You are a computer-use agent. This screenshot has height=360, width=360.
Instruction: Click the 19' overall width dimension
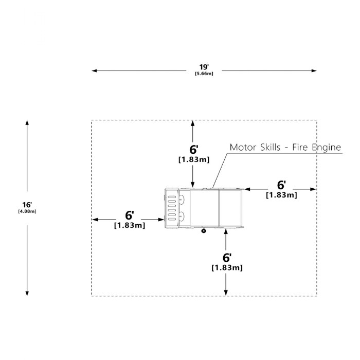[204, 67]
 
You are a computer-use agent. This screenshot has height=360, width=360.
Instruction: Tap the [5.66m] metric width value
[204, 74]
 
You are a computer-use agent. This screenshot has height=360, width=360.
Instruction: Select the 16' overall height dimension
[27, 205]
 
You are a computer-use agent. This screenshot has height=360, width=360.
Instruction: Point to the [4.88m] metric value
[27, 211]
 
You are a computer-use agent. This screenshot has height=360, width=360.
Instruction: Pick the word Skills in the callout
[271, 147]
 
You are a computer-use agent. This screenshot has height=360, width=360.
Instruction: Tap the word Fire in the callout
[300, 147]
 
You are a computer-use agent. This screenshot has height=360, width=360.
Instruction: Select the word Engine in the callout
[326, 148]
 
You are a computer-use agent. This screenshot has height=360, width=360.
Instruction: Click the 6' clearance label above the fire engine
[193, 150]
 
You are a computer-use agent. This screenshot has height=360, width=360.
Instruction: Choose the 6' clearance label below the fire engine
[227, 258]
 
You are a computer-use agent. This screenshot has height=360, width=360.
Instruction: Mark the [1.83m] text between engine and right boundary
[281, 195]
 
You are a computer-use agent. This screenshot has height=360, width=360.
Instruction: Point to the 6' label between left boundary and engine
[129, 215]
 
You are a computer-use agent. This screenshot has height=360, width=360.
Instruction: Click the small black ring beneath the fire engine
[204, 231]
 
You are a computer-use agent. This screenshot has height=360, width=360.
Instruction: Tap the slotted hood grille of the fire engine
[172, 208]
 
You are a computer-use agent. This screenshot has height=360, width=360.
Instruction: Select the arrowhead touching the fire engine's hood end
[161, 220]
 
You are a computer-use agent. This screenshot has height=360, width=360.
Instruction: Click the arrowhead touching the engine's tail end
[247, 189]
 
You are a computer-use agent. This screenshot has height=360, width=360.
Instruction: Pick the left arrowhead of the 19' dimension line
[94, 71]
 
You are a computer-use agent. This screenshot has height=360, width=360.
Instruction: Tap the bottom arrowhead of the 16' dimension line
[27, 293]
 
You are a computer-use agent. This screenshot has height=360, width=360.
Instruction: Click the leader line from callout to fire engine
[220, 171]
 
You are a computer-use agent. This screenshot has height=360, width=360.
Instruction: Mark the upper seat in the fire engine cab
[182, 200]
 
